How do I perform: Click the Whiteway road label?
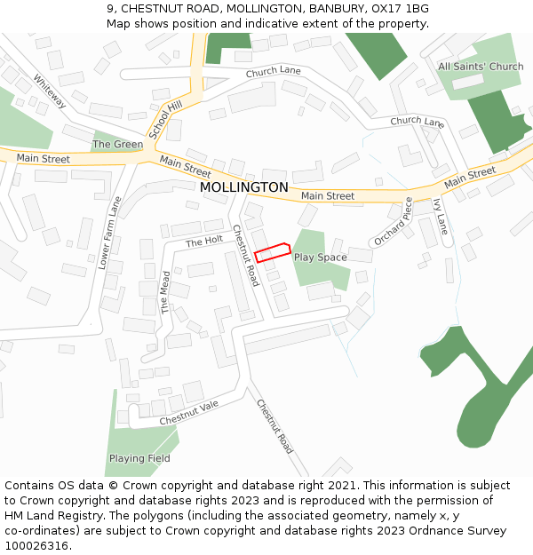[x=50, y=90]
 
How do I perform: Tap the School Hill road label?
[x=164, y=118]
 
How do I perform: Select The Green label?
[x=117, y=144]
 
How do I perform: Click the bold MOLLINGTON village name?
[x=244, y=187]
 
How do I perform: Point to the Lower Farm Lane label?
[x=110, y=233]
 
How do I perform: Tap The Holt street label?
[x=203, y=242]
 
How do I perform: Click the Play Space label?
[x=320, y=258]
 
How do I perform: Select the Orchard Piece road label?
[x=393, y=221]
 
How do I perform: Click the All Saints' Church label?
[x=481, y=67]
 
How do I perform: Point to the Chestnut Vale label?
[x=188, y=412]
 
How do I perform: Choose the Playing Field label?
[x=139, y=458]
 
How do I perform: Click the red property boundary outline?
[x=274, y=252]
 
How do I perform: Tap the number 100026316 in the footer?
[x=37, y=546]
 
